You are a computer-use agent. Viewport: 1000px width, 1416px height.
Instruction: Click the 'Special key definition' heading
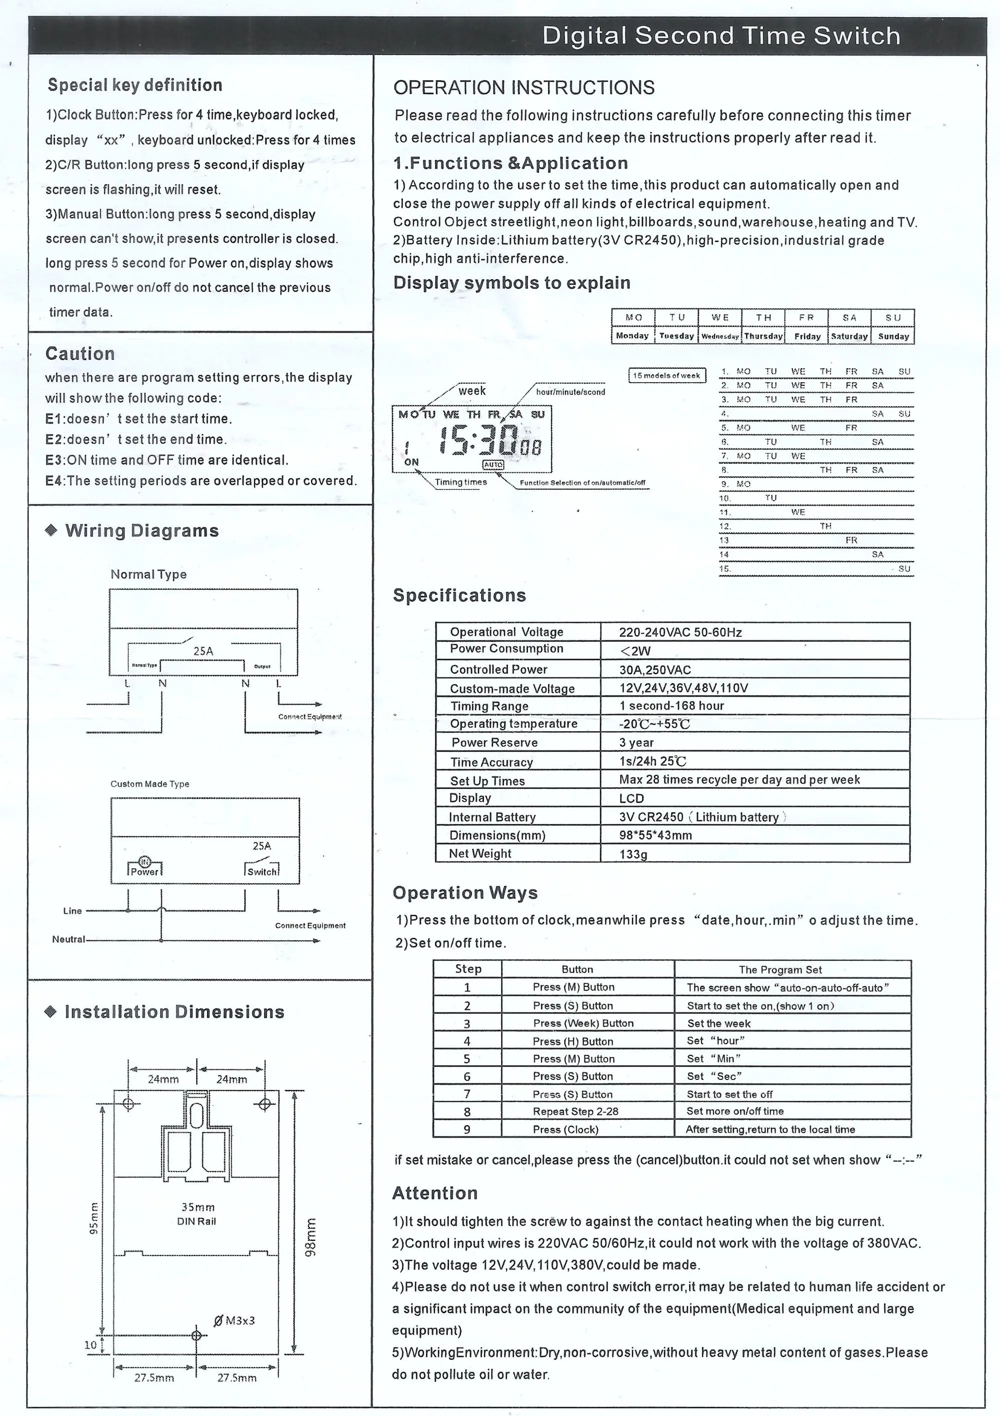(135, 85)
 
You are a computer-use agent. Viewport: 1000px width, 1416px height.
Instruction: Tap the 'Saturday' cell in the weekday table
(849, 336)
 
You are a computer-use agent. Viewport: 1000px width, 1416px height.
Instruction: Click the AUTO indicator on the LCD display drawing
(493, 464)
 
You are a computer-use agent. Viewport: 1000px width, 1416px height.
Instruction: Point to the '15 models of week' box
(666, 376)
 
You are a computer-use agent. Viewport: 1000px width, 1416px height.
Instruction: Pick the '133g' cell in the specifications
(633, 854)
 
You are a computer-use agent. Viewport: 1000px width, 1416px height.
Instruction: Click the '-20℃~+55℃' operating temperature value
(654, 724)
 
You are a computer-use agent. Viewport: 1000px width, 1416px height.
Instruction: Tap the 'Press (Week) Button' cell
(583, 1023)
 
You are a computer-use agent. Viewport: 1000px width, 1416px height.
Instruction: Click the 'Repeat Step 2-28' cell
(575, 1111)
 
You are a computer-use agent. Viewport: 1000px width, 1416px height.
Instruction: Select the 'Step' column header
(468, 969)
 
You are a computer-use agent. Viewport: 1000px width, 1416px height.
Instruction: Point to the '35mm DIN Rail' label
(197, 1214)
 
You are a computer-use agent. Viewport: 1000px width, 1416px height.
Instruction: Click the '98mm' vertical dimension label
(311, 1237)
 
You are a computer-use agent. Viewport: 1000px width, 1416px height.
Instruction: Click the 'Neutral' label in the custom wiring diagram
(68, 939)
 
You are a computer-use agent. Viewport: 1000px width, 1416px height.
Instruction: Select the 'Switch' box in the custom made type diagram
(262, 872)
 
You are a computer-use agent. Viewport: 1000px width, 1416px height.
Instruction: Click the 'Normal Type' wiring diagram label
(148, 574)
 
